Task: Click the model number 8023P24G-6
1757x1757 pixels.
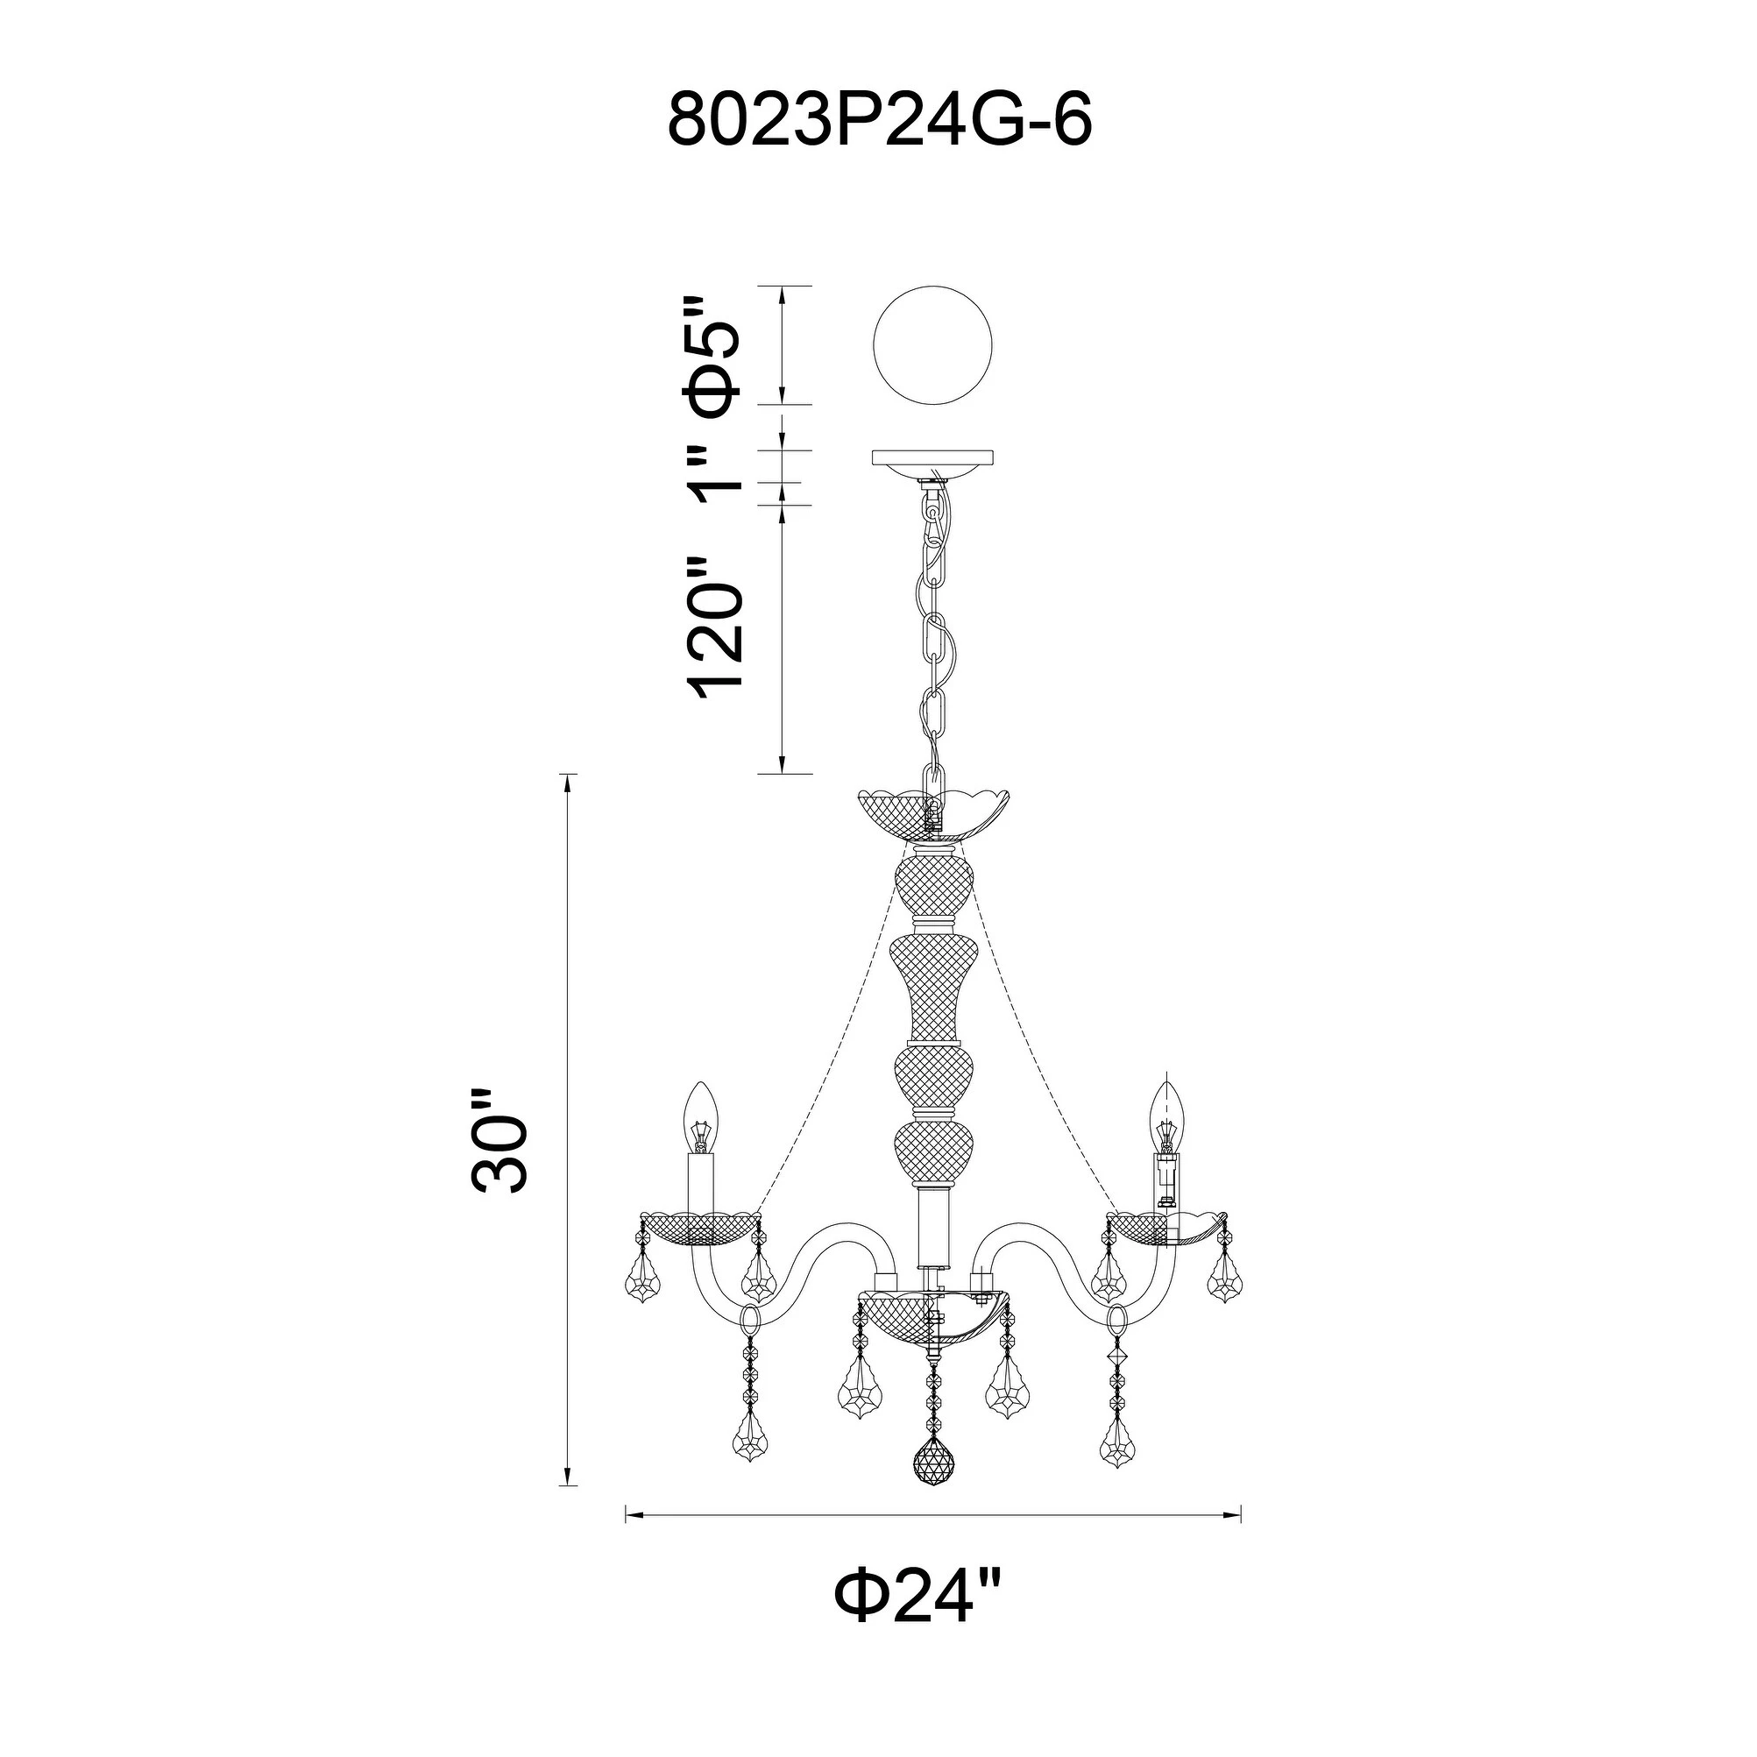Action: click(x=878, y=120)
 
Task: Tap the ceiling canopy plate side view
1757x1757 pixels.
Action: click(x=933, y=457)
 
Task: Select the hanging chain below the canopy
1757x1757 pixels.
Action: click(x=933, y=627)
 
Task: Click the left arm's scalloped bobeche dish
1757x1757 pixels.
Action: click(x=700, y=1229)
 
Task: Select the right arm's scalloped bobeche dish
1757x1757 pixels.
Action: click(x=1165, y=1229)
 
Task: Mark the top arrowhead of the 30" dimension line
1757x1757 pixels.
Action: click(x=569, y=780)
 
